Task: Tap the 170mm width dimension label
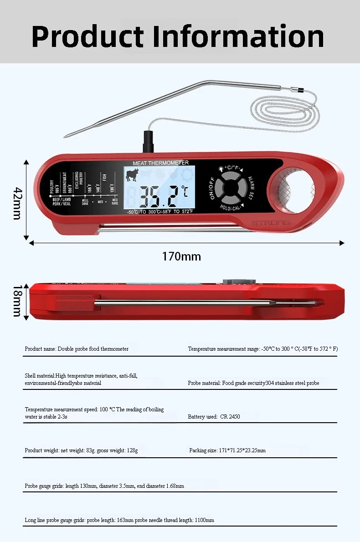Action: (181, 256)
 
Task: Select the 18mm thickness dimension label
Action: (17, 301)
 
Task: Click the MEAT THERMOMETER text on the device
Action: (160, 163)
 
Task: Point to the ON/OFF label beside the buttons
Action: (212, 189)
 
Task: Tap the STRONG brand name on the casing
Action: (271, 223)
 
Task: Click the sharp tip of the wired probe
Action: (66, 135)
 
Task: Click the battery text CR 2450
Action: (230, 417)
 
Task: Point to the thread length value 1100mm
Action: (204, 520)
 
